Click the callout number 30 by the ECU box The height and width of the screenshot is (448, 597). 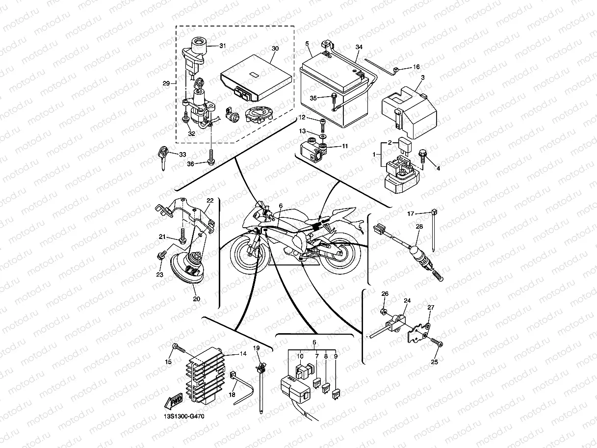pos(275,49)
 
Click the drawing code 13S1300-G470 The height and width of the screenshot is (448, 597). pos(184,417)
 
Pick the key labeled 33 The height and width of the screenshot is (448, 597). pos(162,156)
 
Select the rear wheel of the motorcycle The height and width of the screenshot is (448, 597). pos(340,255)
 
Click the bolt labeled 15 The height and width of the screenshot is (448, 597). pos(178,349)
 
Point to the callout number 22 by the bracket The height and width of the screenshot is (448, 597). pos(210,201)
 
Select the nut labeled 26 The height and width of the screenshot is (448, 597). pos(385,312)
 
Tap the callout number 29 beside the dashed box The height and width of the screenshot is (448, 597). pos(166,83)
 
